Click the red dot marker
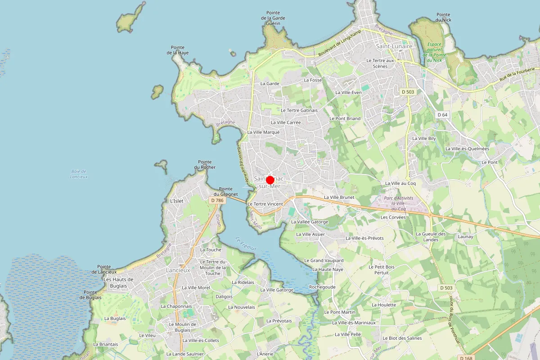tap(270, 180)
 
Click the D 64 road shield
tap(442, 115)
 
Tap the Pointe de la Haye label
tap(180, 50)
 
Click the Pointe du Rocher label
tap(205, 165)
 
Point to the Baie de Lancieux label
tap(79, 174)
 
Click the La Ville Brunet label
tap(339, 197)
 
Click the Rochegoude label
tap(322, 287)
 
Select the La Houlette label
tap(384, 305)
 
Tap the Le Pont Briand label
tap(345, 118)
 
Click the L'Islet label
tap(177, 201)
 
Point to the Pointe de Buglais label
tap(91, 295)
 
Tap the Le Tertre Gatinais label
tap(299, 110)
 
